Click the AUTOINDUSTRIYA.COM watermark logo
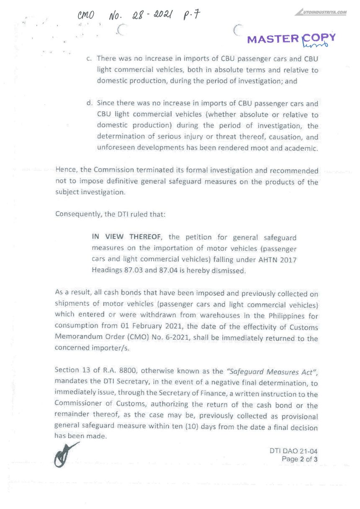[323, 12]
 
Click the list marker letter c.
[89, 59]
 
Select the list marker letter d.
[89, 103]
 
